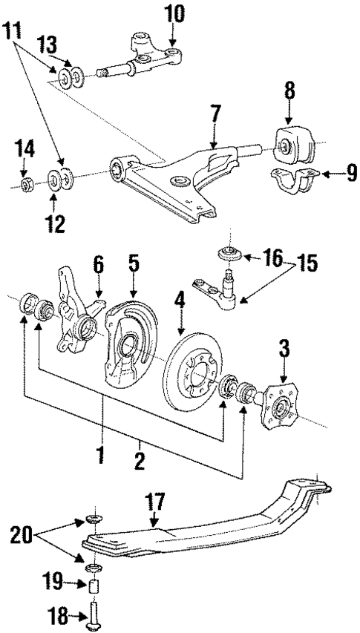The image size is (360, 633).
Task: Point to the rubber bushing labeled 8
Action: pyautogui.click(x=292, y=151)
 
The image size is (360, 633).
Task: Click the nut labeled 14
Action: pyautogui.click(x=24, y=183)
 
